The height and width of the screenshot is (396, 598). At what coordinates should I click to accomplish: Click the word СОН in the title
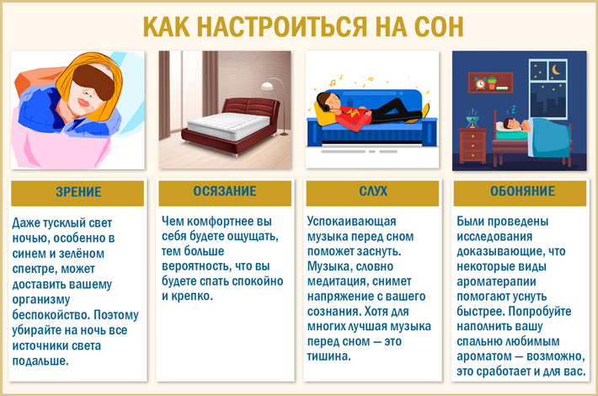click(439, 26)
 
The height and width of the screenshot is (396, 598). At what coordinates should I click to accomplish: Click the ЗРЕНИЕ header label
click(78, 191)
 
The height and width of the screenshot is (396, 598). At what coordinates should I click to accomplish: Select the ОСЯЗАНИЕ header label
click(225, 191)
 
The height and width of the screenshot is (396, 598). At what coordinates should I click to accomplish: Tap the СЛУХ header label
click(373, 191)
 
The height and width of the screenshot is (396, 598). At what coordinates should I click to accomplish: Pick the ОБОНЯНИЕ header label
click(522, 191)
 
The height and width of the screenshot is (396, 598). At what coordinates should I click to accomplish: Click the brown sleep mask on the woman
click(93, 81)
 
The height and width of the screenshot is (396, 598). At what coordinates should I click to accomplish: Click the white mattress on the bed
click(228, 126)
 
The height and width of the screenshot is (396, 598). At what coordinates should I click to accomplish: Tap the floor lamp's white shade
click(267, 86)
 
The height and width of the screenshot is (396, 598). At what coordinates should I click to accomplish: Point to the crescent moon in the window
click(556, 70)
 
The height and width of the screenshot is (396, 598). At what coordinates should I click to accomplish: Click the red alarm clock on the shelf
click(480, 83)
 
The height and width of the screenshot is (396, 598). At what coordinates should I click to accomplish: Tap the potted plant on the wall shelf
click(492, 82)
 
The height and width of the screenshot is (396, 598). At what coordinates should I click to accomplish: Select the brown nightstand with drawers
click(473, 146)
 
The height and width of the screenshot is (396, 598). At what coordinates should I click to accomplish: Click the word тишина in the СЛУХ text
click(328, 356)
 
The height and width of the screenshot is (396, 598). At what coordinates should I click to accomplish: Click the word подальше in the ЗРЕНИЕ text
click(40, 361)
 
